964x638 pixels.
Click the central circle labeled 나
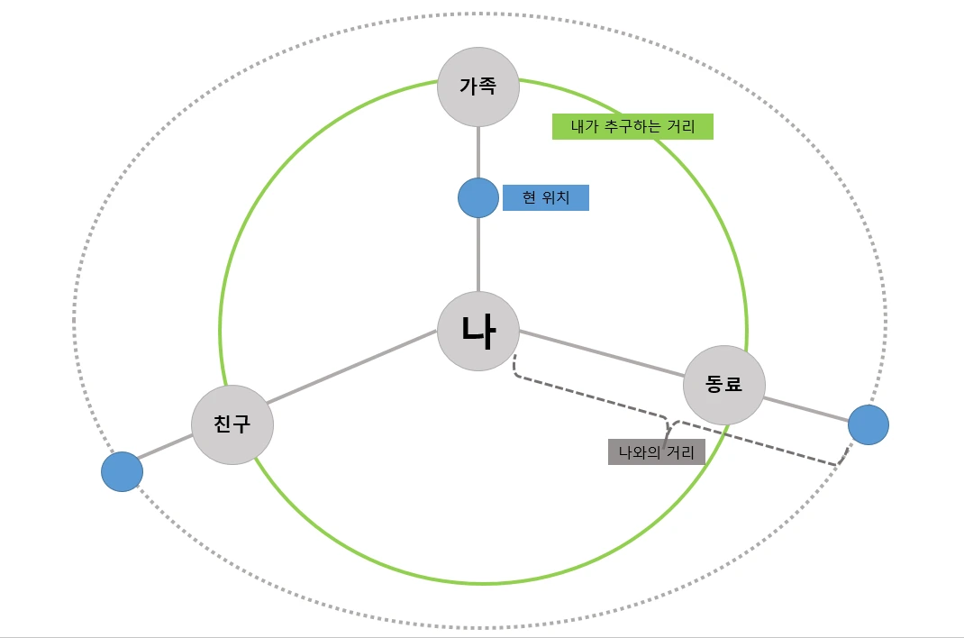[x=478, y=331]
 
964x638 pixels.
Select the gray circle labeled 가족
[x=478, y=87]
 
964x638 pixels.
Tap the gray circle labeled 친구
[x=232, y=424]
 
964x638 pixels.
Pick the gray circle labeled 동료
[x=724, y=385]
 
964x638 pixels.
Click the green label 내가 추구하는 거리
[x=632, y=127]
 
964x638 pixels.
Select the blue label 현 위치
[x=545, y=198]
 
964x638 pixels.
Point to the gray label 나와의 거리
[x=656, y=452]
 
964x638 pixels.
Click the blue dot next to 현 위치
[x=478, y=198]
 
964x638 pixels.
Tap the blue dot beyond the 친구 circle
[x=122, y=471]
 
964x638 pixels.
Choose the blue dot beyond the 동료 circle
[x=869, y=424]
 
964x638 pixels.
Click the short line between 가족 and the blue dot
[x=478, y=152]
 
